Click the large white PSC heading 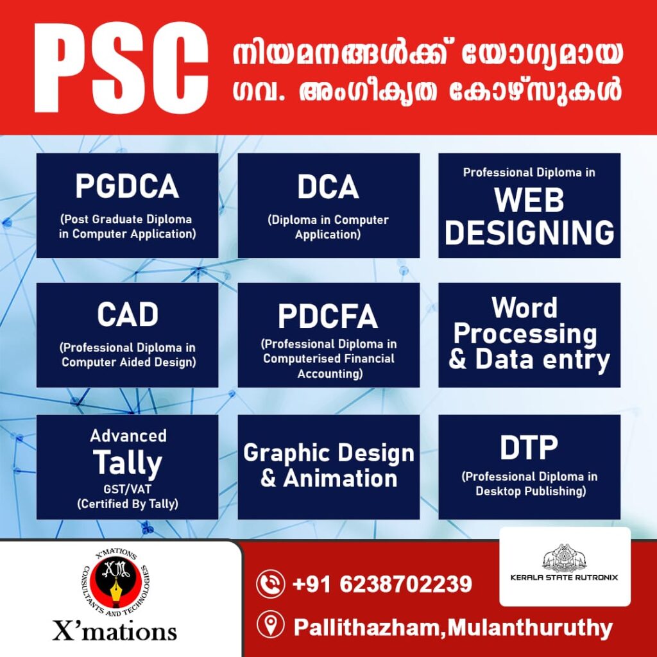pyautogui.click(x=121, y=67)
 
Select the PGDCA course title pyautogui.click(x=127, y=187)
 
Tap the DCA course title pyautogui.click(x=328, y=187)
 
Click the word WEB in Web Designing pyautogui.click(x=529, y=200)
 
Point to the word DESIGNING pyautogui.click(x=529, y=232)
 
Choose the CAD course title pyautogui.click(x=128, y=314)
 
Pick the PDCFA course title pyautogui.click(x=328, y=316)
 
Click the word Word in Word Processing pyautogui.click(x=524, y=308)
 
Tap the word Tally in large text pyautogui.click(x=128, y=463)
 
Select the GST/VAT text pyautogui.click(x=128, y=489)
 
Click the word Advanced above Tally pyautogui.click(x=128, y=436)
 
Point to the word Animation pyautogui.click(x=340, y=478)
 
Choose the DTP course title pyautogui.click(x=529, y=447)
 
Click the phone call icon pyautogui.click(x=271, y=584)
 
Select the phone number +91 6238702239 pyautogui.click(x=382, y=584)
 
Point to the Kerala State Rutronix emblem pyautogui.click(x=565, y=558)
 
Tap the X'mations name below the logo pyautogui.click(x=114, y=631)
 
